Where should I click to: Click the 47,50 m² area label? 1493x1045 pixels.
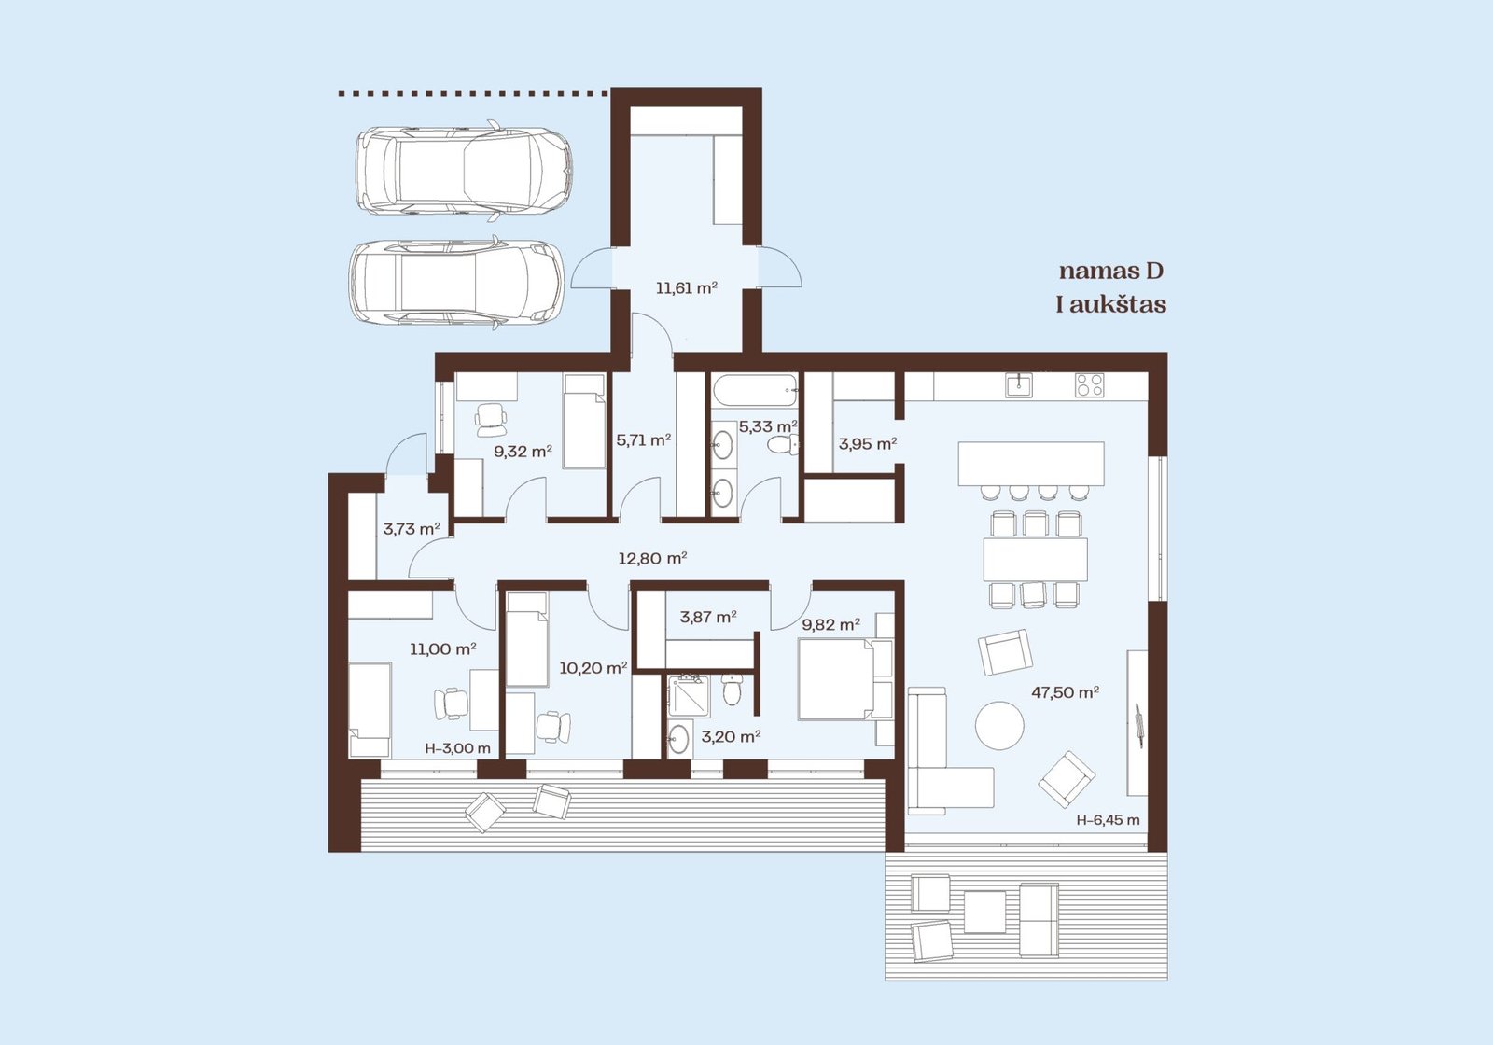[x=1065, y=692]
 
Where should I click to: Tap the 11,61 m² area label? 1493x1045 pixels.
[x=687, y=288]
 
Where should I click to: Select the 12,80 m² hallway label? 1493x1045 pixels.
[x=652, y=558]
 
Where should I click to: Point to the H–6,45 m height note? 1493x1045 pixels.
[x=1108, y=820]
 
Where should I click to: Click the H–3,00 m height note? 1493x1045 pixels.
[x=458, y=748]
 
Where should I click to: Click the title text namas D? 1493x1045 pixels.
[x=1111, y=272]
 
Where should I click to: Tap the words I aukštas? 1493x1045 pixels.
[x=1111, y=304]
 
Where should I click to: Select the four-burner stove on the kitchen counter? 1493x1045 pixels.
[x=1089, y=385]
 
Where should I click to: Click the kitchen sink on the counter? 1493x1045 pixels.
[x=1018, y=385]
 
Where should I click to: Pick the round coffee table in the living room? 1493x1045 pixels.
[x=999, y=726]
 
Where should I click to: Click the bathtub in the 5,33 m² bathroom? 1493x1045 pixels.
[x=754, y=391]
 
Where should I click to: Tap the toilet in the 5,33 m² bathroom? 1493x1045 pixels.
[x=783, y=444]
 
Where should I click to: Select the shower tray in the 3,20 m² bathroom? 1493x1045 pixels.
[x=690, y=696]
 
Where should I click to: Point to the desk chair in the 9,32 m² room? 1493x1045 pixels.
[x=490, y=419]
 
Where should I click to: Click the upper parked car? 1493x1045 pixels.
[x=463, y=171]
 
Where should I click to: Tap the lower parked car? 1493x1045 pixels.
[x=456, y=284]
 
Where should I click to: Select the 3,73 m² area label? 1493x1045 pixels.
[x=412, y=529]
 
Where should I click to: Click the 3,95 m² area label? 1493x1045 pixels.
[x=867, y=444]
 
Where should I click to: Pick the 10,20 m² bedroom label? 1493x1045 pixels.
[x=593, y=668]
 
